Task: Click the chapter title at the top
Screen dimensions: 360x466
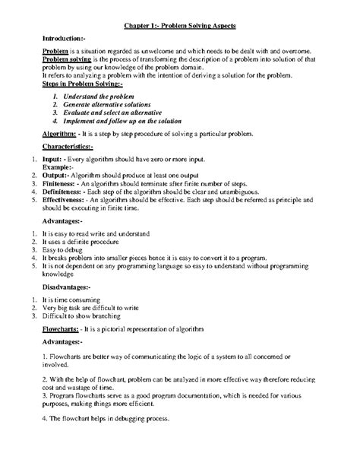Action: pos(180,26)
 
